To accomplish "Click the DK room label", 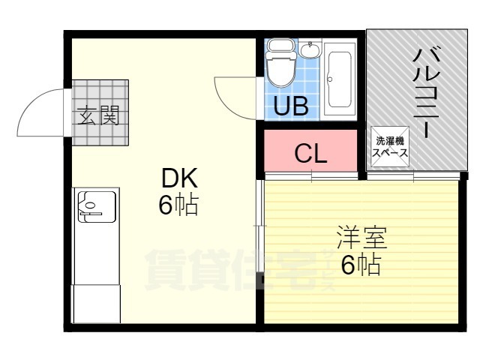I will click(x=178, y=179).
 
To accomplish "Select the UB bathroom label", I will click(x=290, y=106).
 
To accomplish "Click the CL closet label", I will click(x=310, y=154).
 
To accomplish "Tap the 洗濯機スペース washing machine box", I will click(x=391, y=145).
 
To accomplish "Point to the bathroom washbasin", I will click(x=309, y=51).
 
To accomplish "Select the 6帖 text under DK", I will click(x=178, y=204).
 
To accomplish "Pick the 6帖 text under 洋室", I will click(x=361, y=265).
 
